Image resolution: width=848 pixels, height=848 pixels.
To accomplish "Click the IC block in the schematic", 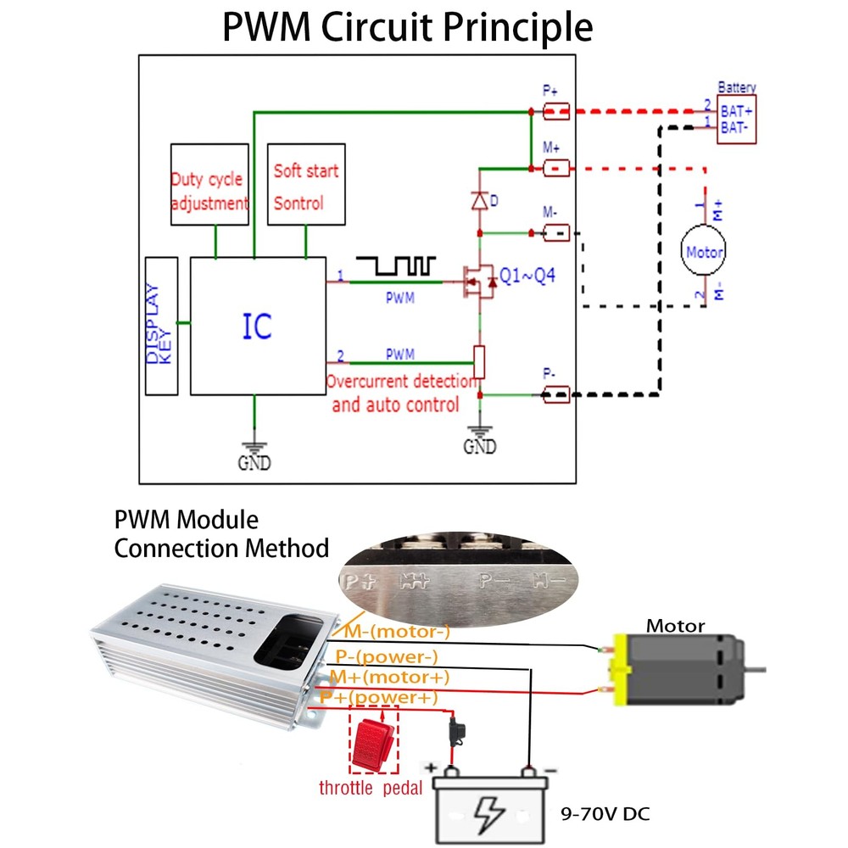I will click(258, 326).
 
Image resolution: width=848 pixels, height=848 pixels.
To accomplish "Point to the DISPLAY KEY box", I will click(161, 325).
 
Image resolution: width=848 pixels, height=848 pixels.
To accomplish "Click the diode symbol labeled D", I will click(480, 202).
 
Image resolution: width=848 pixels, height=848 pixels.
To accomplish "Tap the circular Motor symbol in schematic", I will click(704, 251).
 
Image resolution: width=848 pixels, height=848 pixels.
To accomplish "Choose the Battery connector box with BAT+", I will click(736, 119).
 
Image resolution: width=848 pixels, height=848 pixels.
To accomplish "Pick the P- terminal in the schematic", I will click(555, 393).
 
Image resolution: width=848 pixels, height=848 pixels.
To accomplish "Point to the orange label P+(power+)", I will click(378, 697).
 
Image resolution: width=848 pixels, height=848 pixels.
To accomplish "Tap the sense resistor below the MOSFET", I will click(480, 362).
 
